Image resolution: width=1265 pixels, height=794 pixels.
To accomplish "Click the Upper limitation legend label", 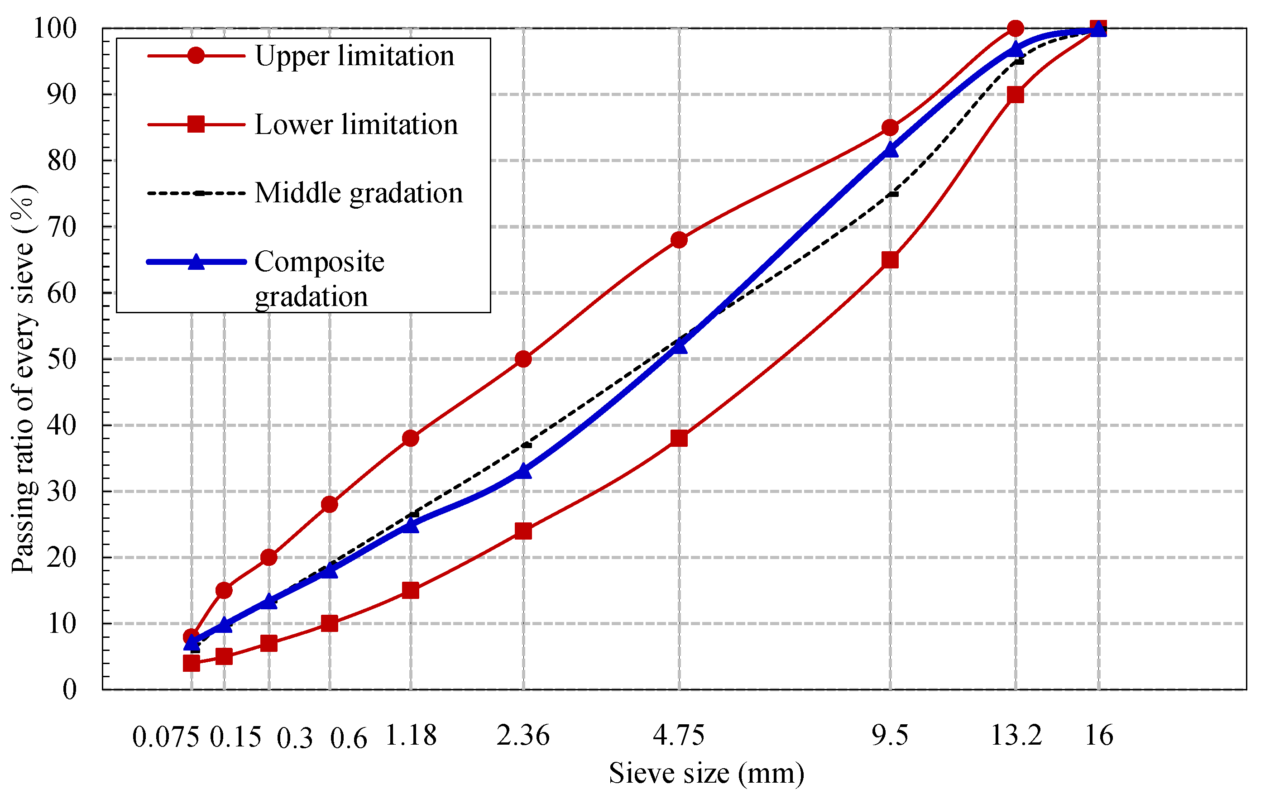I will [355, 56].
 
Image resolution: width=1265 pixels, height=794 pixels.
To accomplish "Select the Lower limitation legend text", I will [356, 125].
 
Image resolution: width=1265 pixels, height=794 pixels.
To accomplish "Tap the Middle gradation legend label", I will [359, 193].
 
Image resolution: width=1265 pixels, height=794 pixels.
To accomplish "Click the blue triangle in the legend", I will [196, 262].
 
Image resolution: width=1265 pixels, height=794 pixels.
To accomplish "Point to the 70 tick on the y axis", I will [62, 227].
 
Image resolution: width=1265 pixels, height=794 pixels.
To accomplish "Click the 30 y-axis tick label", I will [62, 492].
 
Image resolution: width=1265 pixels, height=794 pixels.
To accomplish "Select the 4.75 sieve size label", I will [678, 735].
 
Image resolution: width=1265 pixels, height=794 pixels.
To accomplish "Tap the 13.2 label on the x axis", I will [1016, 735].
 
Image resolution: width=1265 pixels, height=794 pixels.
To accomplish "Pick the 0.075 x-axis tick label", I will [165, 737].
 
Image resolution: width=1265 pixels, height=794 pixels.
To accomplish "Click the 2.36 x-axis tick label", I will [523, 735].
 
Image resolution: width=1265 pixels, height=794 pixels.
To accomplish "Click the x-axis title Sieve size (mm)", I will [706, 774].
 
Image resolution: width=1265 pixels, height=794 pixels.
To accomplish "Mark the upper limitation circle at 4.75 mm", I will [679, 240].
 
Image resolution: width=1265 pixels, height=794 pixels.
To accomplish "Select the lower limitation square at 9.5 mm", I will [890, 260].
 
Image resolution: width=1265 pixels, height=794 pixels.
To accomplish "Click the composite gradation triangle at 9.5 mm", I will [891, 150].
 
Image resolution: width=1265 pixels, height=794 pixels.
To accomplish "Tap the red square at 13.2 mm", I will [1016, 95].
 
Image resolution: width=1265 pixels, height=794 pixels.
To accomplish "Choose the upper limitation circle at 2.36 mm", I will [523, 359].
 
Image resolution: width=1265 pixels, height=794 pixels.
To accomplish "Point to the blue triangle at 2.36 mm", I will [523, 471].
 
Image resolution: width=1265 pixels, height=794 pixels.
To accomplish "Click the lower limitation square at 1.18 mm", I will [411, 590].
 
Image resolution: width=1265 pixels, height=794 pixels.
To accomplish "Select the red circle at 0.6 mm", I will [329, 505].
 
